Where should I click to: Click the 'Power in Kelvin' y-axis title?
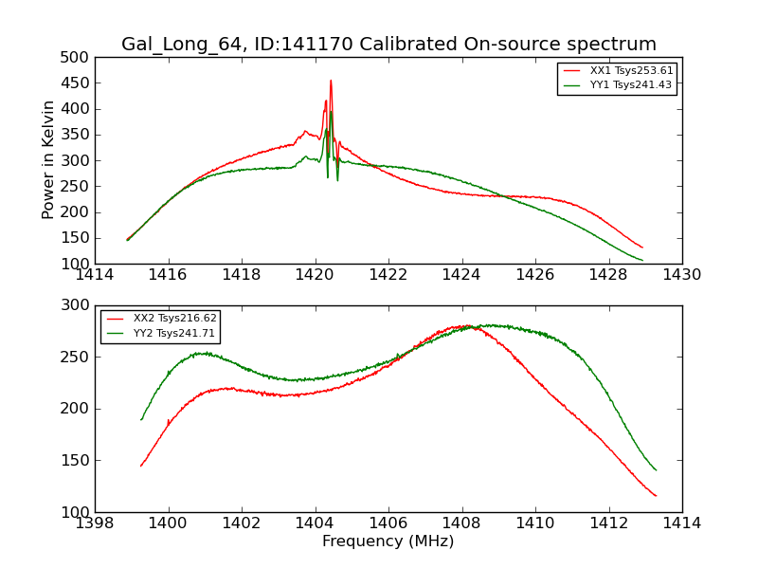point(49,160)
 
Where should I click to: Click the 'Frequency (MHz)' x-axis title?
point(388,541)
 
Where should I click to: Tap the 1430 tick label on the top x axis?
point(681,275)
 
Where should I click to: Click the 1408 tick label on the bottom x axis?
point(461,523)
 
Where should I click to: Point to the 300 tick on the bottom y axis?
point(77,306)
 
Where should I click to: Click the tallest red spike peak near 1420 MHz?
point(331,81)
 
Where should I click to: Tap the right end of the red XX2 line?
point(656,496)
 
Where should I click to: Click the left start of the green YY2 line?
point(141,419)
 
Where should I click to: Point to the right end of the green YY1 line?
point(642,260)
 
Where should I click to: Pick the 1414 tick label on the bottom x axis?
point(681,523)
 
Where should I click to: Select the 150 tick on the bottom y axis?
point(77,461)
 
